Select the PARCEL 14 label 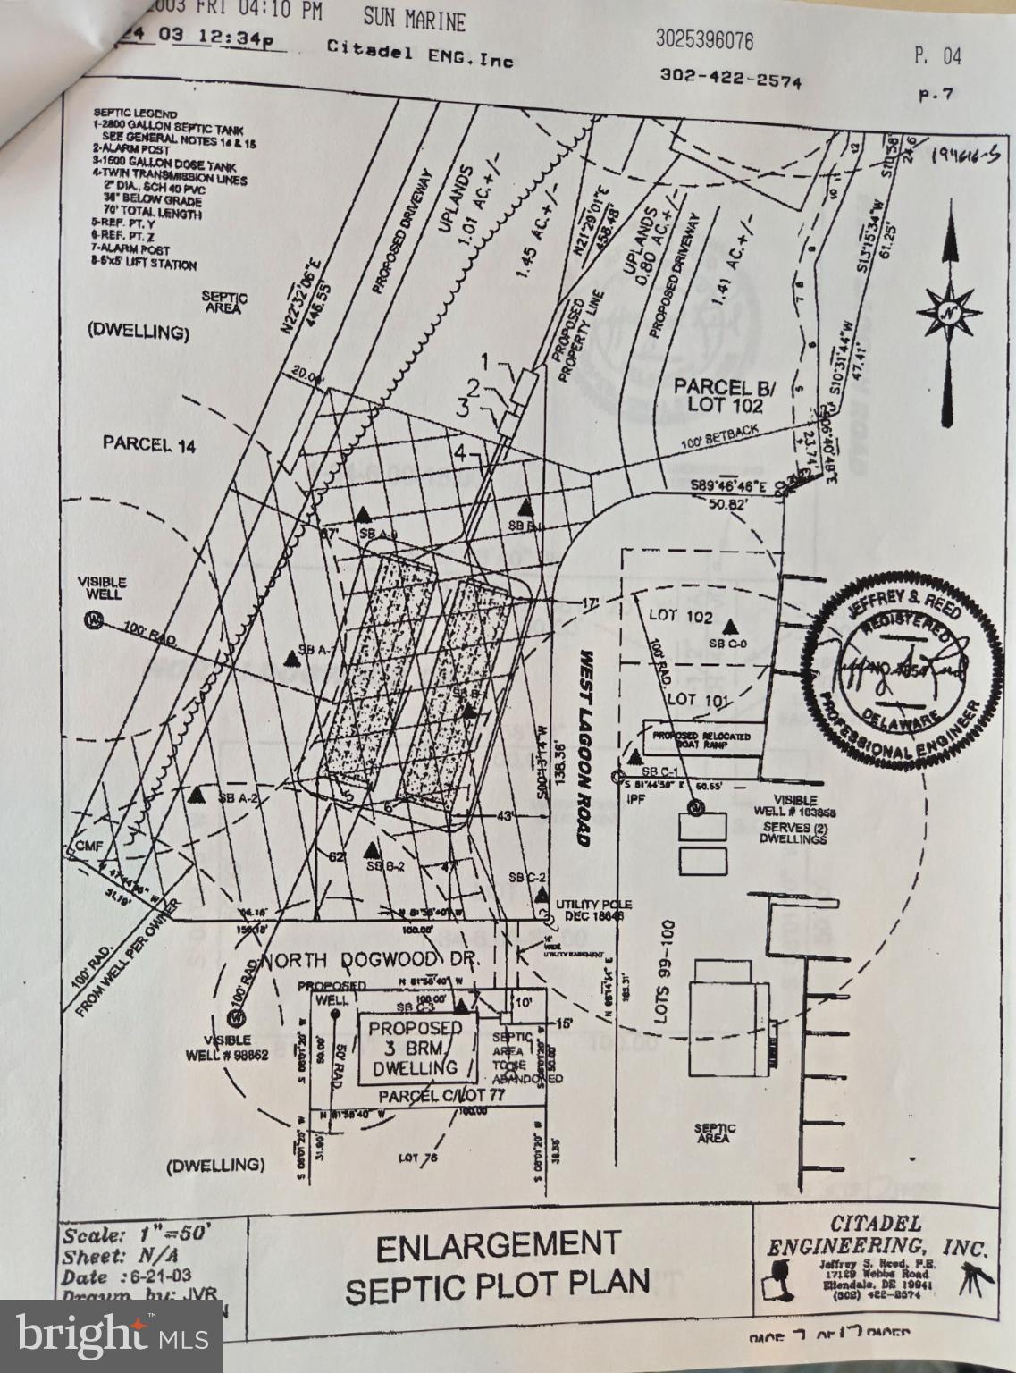(x=149, y=444)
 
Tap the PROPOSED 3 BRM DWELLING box (x=416, y=1048)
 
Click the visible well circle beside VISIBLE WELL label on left (x=93, y=619)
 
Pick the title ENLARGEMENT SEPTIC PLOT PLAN (x=498, y=1265)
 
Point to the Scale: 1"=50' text (x=137, y=1235)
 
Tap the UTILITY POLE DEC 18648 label (x=589, y=911)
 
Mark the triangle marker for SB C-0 (x=733, y=627)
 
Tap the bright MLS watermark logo (x=111, y=1336)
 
